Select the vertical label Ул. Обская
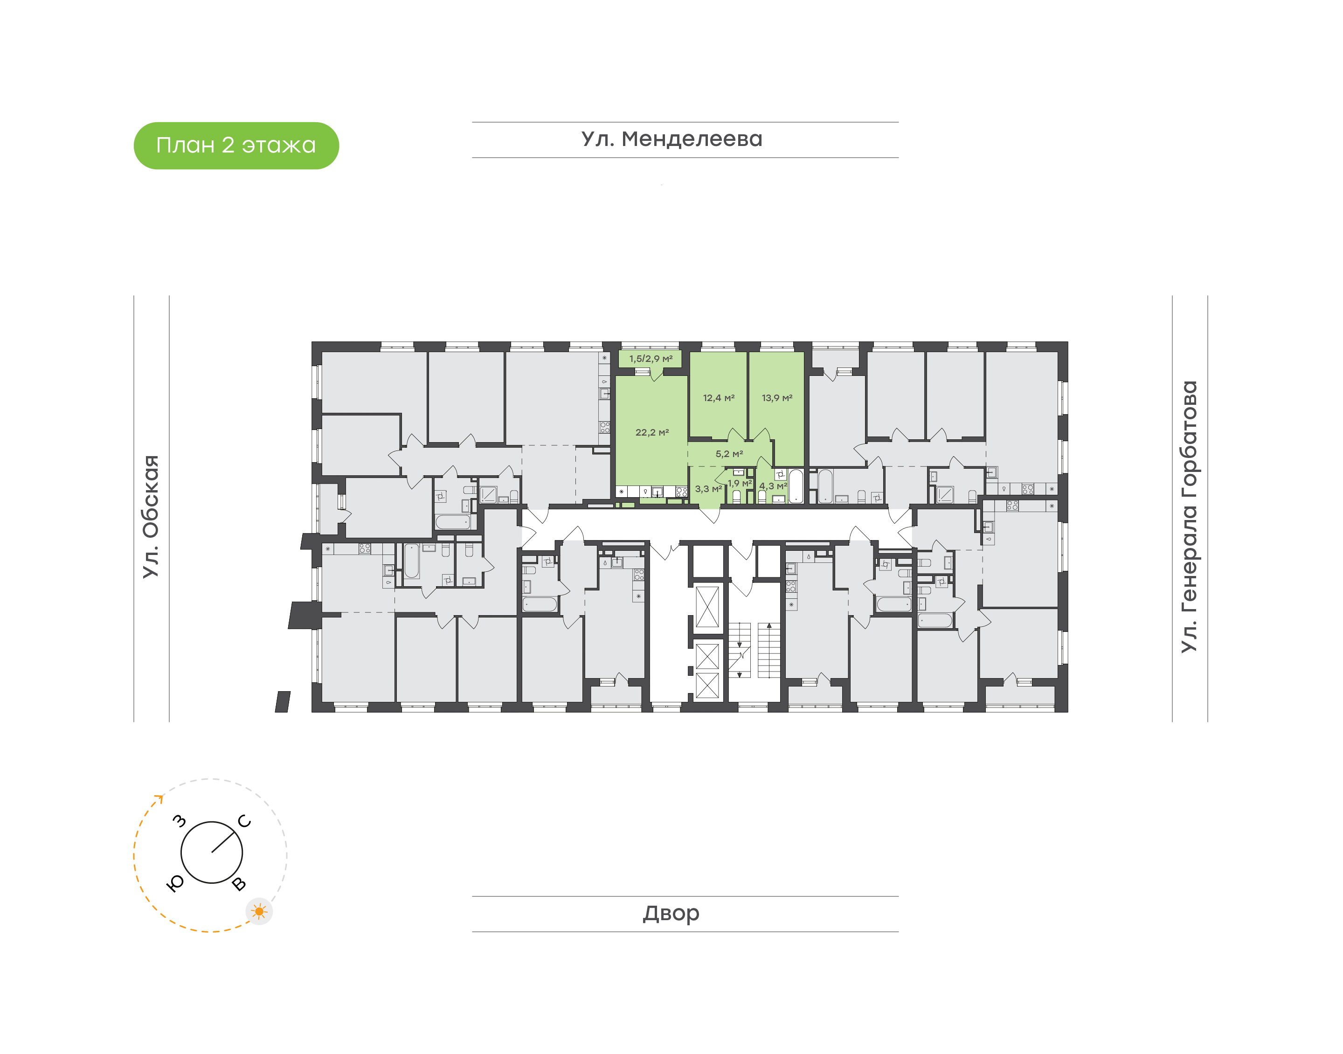pyautogui.click(x=151, y=517)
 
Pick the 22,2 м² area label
pyautogui.click(x=651, y=433)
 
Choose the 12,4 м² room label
pyautogui.click(x=718, y=398)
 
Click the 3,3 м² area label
pyautogui.click(x=707, y=489)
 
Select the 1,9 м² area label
pyautogui.click(x=739, y=483)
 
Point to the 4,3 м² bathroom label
pyautogui.click(x=772, y=486)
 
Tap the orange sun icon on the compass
pyautogui.click(x=259, y=911)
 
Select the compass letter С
pyautogui.click(x=244, y=821)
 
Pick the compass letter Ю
pyautogui.click(x=176, y=884)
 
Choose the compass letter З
pyautogui.click(x=179, y=821)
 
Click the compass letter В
pyautogui.click(x=239, y=884)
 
